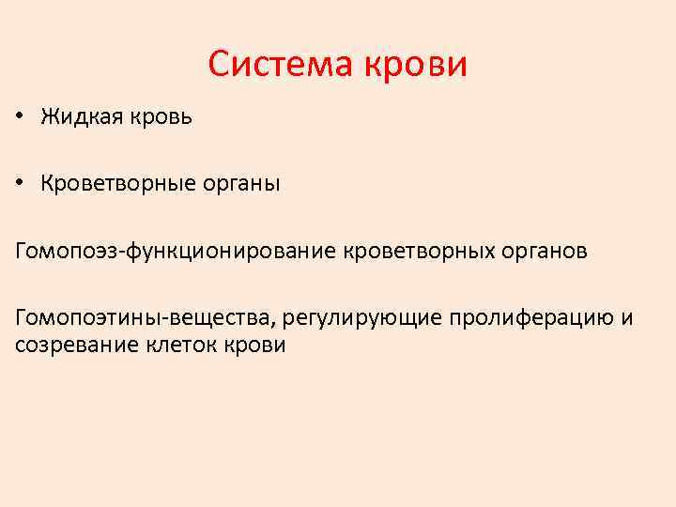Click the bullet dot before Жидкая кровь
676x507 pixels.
tap(19, 118)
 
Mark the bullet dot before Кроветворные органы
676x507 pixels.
tap(19, 185)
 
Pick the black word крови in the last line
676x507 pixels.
tap(253, 345)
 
